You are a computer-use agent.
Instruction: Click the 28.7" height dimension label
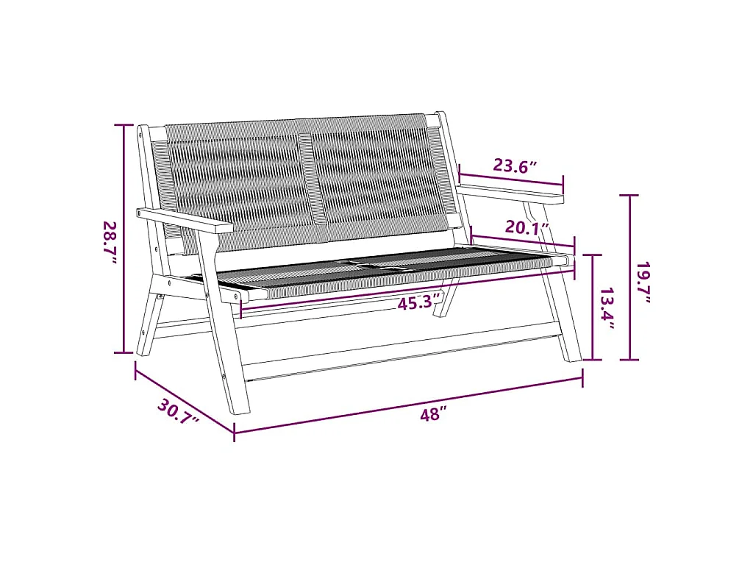click(110, 243)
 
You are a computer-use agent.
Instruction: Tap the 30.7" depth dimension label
click(178, 412)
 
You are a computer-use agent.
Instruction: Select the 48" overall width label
click(433, 413)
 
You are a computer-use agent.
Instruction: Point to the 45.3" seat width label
click(418, 302)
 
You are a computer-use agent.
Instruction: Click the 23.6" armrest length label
click(515, 166)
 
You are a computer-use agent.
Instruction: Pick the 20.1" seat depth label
click(527, 227)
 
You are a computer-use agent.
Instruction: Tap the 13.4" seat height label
click(607, 309)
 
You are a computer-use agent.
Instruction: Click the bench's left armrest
click(185, 221)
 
